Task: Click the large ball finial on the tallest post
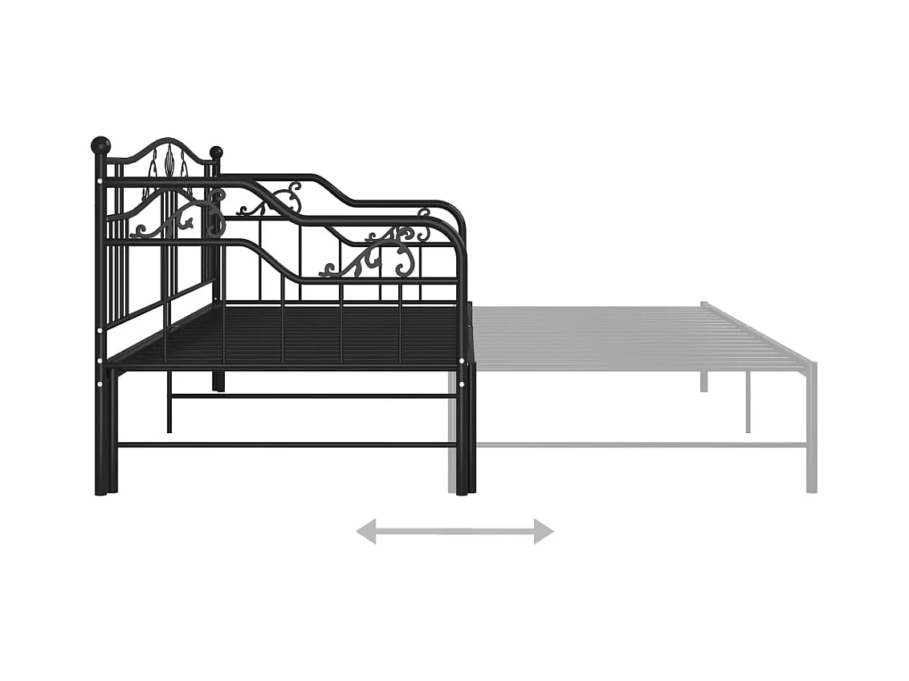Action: [x=100, y=145]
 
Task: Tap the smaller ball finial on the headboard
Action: [x=216, y=152]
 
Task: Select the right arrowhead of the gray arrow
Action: [x=544, y=531]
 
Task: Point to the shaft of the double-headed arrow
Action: [x=454, y=531]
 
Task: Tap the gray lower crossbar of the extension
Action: [x=642, y=444]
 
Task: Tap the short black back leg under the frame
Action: [x=218, y=380]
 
